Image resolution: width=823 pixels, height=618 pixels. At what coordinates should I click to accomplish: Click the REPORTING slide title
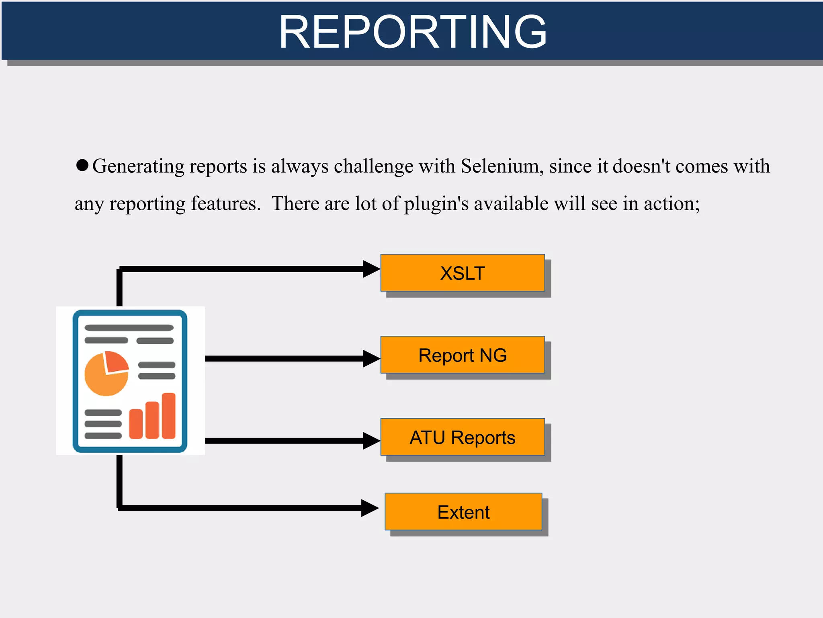pyautogui.click(x=413, y=31)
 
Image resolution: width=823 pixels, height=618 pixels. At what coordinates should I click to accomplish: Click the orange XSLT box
pyautogui.click(x=463, y=273)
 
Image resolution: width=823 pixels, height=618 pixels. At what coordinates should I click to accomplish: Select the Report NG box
pyautogui.click(x=463, y=355)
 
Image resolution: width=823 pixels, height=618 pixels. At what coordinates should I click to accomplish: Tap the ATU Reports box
pyautogui.click(x=463, y=437)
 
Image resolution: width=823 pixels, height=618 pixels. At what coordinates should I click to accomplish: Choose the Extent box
pyautogui.click(x=463, y=512)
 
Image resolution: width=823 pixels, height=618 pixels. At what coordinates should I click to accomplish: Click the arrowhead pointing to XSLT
pyautogui.click(x=371, y=269)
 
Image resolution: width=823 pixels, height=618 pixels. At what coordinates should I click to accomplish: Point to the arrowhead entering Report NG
pyautogui.click(x=371, y=359)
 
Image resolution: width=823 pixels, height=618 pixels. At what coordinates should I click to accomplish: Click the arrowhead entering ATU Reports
pyautogui.click(x=371, y=441)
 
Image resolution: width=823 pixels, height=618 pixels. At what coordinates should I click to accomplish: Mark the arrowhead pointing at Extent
pyautogui.click(x=369, y=508)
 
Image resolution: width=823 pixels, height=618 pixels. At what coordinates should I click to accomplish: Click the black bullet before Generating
pyautogui.click(x=82, y=165)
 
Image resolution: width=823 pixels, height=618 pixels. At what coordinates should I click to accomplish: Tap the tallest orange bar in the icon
pyautogui.click(x=169, y=416)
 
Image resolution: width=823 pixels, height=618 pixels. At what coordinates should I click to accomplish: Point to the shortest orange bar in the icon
pyautogui.click(x=136, y=424)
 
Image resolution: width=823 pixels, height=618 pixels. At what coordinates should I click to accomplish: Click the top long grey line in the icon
pyautogui.click(x=129, y=328)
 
